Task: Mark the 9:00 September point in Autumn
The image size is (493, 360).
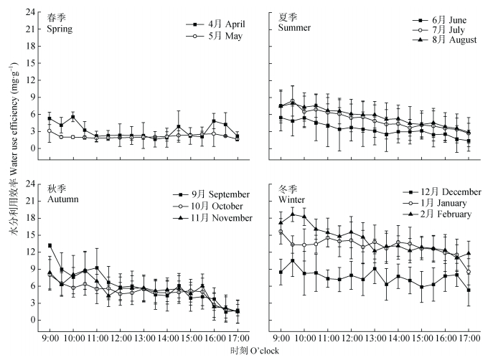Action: [x=50, y=245]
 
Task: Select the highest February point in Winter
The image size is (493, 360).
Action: [x=292, y=214]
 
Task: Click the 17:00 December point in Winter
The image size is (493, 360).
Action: [x=469, y=290]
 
